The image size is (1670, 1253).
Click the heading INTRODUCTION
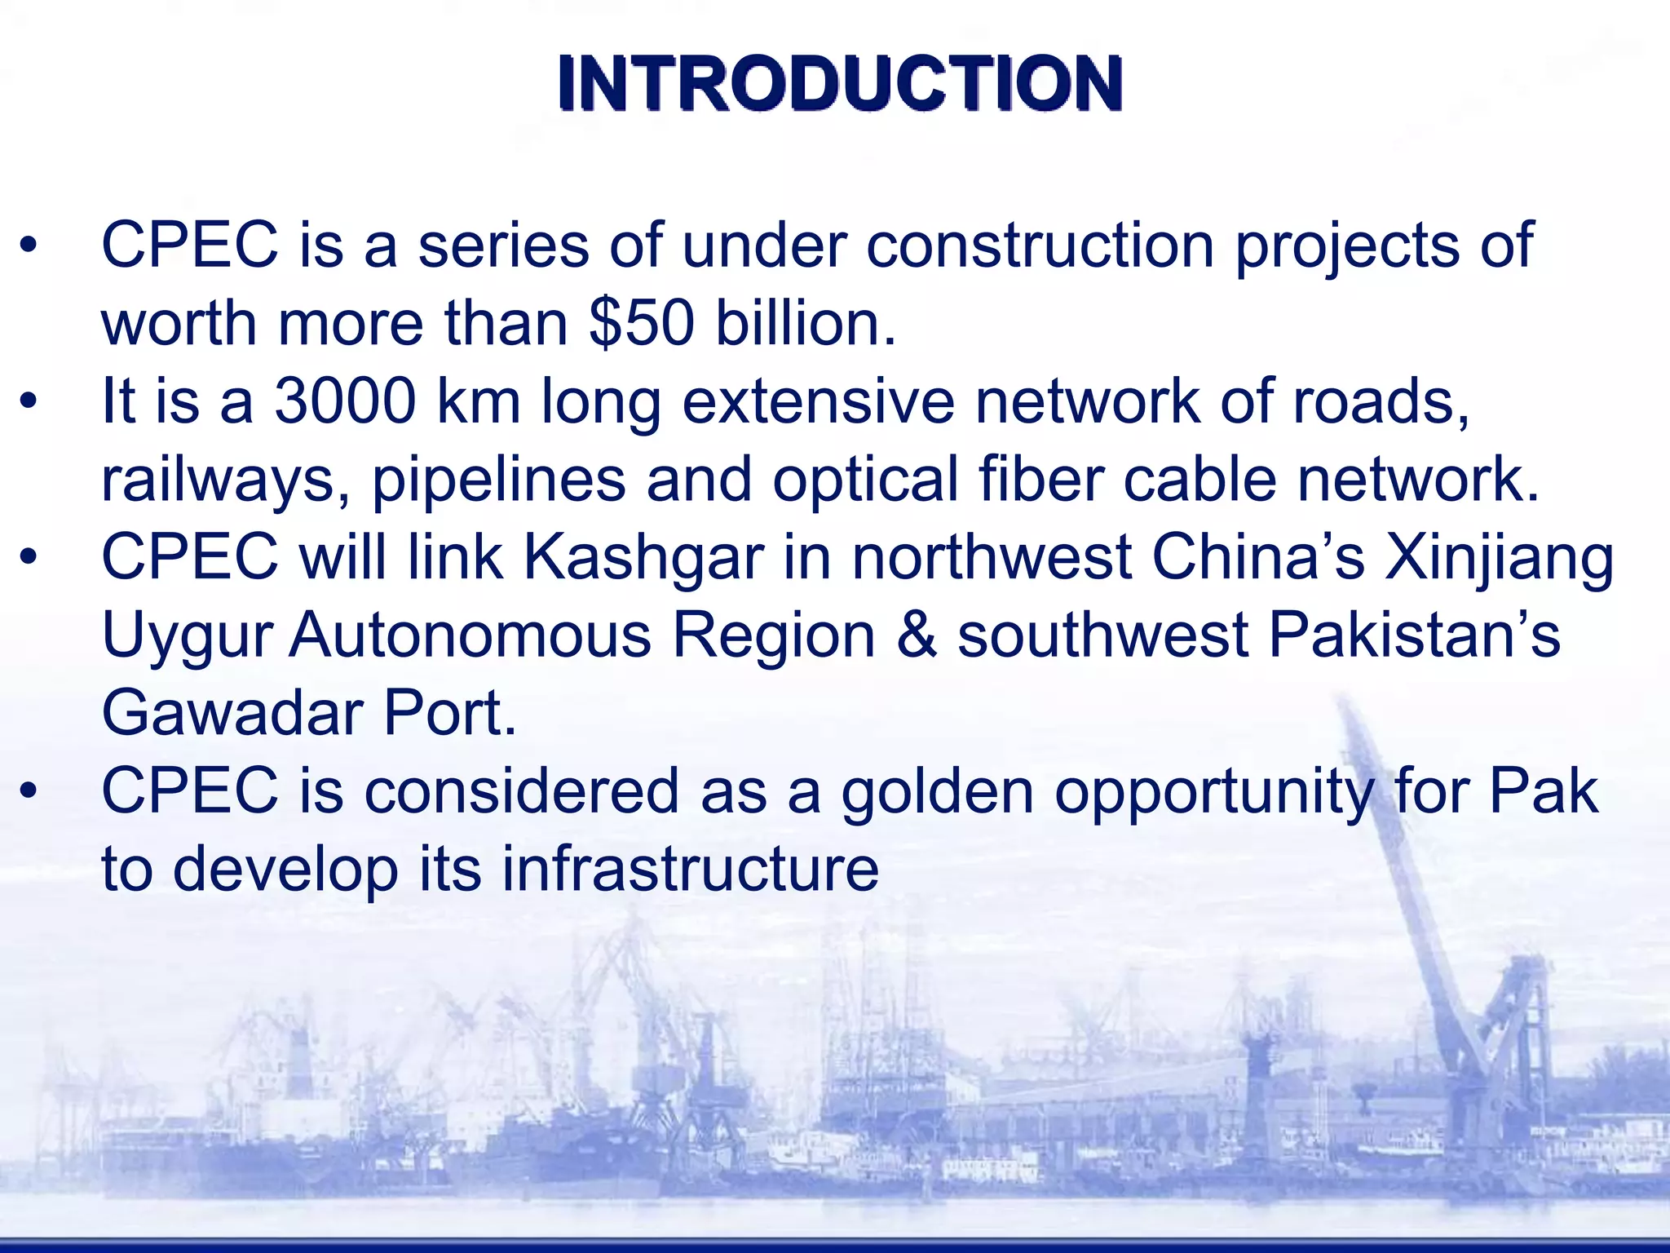[x=840, y=83]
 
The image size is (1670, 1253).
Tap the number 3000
[x=345, y=401]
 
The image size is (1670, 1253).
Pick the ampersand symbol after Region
[x=916, y=635]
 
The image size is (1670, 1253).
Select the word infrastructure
[x=690, y=870]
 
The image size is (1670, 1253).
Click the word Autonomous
[x=471, y=635]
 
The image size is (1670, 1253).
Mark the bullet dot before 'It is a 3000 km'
[x=29, y=401]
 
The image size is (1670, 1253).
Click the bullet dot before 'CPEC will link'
[x=29, y=558]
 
